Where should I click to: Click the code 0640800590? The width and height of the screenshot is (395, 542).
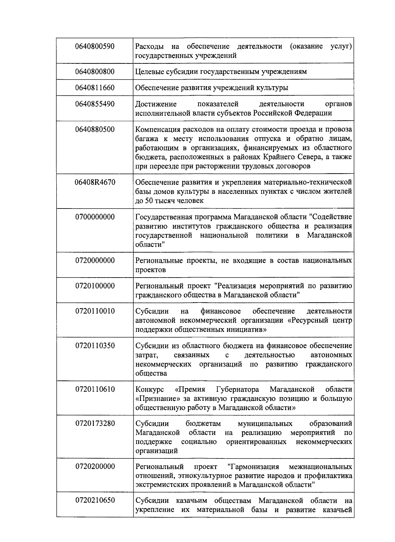(x=95, y=46)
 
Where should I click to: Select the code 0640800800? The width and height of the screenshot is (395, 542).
(x=95, y=71)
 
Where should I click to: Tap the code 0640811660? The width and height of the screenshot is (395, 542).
(x=95, y=88)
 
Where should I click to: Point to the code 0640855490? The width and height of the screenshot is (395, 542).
(x=95, y=104)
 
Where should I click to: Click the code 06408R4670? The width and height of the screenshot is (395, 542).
(x=95, y=182)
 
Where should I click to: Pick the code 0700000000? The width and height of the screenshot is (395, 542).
(x=95, y=217)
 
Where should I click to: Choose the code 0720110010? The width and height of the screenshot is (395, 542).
(x=95, y=311)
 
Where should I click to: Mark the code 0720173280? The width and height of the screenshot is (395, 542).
(x=95, y=423)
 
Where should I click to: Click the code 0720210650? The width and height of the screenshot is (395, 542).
(x=95, y=501)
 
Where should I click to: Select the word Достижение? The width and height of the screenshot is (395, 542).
(x=156, y=104)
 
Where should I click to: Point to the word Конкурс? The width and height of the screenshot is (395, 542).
(x=149, y=390)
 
